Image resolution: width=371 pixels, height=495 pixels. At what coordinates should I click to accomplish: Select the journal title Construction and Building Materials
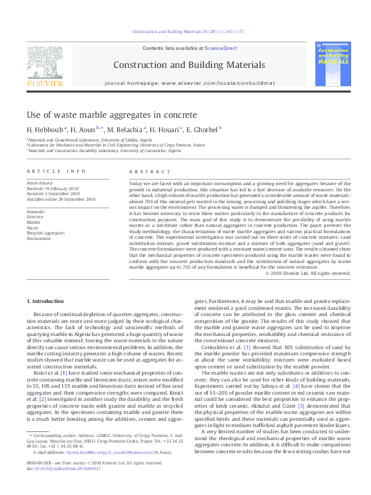[189, 65]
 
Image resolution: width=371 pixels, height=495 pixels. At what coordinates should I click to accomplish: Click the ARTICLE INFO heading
[56, 171]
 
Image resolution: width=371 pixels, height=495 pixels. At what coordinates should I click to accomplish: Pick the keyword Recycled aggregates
[46, 233]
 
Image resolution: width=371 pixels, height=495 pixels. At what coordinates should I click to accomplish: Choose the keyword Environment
[39, 238]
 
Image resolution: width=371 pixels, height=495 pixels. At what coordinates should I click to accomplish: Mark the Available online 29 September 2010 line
[61, 199]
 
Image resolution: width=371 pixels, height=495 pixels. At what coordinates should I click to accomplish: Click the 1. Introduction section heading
[46, 301]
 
